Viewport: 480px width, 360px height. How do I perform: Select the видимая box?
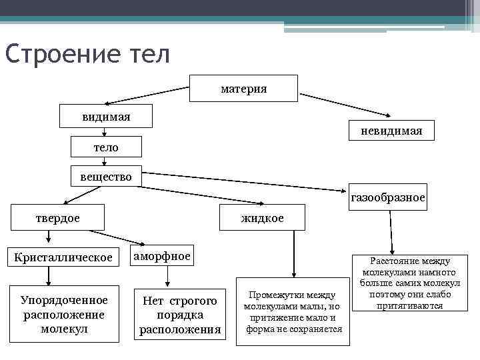point(106,117)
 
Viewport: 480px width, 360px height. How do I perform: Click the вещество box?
point(106,177)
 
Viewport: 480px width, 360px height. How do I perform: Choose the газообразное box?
point(387,197)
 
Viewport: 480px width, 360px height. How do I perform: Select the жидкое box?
point(263,218)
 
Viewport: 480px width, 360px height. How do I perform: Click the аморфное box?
point(162,256)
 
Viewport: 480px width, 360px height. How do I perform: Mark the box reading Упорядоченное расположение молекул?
point(64,314)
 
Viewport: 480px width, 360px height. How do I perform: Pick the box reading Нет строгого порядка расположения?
point(180,315)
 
